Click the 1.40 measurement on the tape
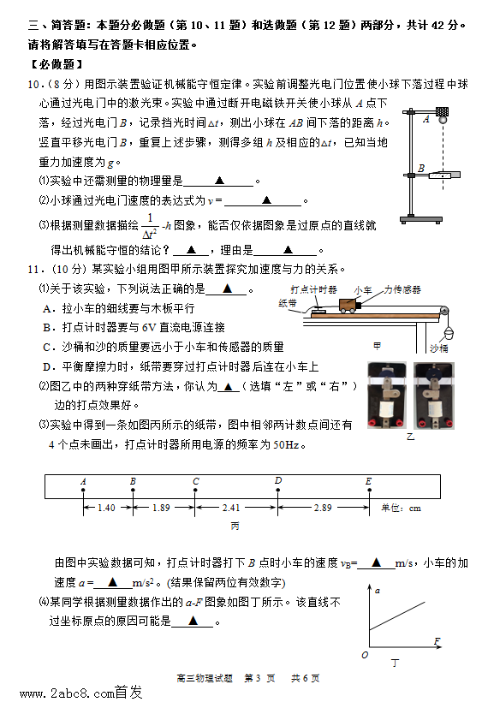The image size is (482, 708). pos(106,508)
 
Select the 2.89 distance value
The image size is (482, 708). pos(323,508)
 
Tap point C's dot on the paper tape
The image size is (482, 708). pos(195,490)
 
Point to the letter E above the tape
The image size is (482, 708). pos(369,481)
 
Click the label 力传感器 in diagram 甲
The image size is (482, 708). pos(402,289)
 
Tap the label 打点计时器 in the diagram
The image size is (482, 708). pos(314,289)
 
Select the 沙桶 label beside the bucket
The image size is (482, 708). pos(438,348)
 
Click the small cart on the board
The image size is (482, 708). pos(348,306)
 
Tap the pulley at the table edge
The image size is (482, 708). pos(445,312)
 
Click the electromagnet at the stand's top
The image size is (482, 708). pos(443,111)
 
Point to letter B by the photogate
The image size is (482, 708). pos(421,168)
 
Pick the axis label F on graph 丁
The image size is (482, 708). pos(437,640)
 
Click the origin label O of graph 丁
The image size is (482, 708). pos(365,655)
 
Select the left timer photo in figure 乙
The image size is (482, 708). pos(387,395)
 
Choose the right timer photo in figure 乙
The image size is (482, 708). pos(434,395)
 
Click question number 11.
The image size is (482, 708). pos(36,270)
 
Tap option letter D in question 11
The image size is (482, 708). pos(47,367)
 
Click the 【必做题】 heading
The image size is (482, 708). pos(57,64)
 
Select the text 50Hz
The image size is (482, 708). pos(286,445)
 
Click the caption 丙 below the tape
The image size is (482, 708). pos(235,526)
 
